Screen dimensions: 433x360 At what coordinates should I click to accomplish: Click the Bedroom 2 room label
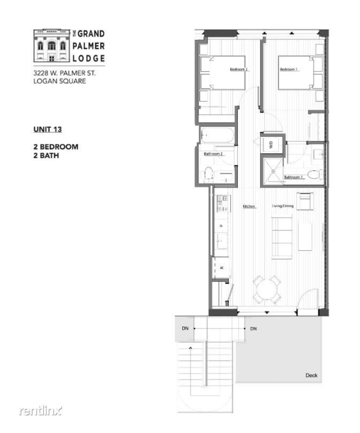coord(239,69)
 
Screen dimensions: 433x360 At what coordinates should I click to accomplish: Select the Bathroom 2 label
coord(213,154)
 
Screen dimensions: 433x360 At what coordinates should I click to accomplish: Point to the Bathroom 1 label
coord(294,177)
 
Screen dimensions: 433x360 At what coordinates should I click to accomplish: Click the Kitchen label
coord(249,206)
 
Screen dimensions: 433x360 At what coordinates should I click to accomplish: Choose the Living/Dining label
coord(283,206)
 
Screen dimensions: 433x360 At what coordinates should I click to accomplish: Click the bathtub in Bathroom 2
coord(217,136)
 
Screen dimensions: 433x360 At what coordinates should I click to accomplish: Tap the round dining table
coord(266,289)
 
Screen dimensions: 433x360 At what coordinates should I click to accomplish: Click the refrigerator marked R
coord(222,267)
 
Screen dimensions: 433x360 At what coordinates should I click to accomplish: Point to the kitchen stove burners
coord(222,203)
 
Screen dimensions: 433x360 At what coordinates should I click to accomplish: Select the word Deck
coord(311,375)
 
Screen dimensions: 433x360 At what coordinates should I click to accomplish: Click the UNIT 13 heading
coord(48,129)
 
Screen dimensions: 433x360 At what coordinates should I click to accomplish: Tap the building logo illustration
coord(52,45)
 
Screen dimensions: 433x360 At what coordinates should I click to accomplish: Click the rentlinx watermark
coord(40,411)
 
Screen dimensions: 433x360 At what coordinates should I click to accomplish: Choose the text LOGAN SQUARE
coord(59,81)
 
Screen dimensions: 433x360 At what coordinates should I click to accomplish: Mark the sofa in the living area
coord(282,237)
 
